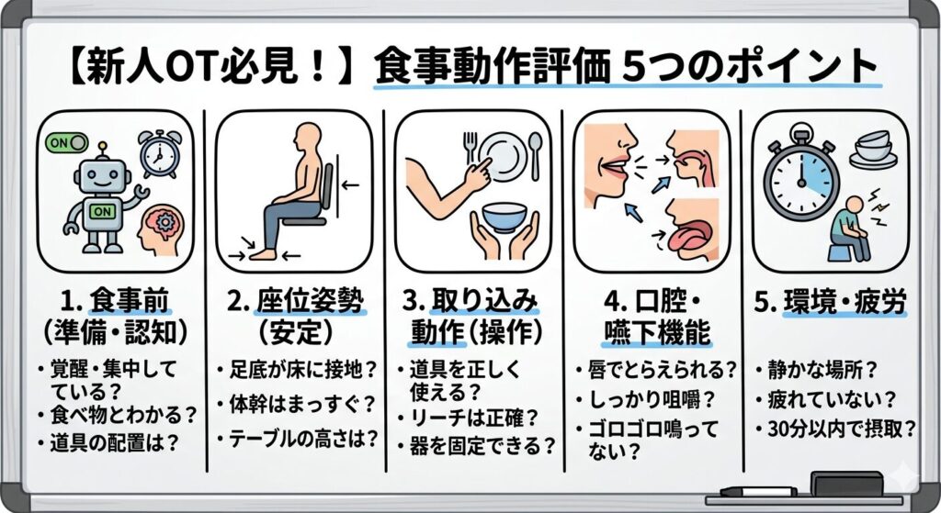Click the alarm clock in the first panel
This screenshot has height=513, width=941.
158,154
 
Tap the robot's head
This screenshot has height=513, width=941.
98,174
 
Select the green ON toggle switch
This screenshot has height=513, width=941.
67,142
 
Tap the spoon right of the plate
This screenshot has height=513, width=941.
536,153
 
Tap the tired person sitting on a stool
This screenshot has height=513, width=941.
850,229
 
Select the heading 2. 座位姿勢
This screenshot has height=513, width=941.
295,299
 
